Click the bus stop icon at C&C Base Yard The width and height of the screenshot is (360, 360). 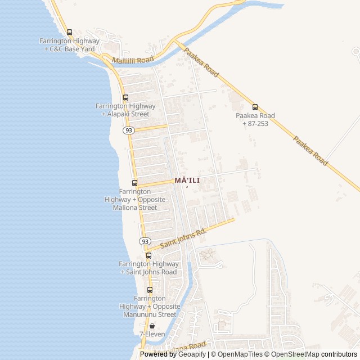69,33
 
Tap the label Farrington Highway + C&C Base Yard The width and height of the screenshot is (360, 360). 69,45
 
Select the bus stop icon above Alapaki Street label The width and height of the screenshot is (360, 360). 125,97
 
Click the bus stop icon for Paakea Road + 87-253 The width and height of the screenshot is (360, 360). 255,107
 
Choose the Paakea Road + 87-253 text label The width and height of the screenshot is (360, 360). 255,119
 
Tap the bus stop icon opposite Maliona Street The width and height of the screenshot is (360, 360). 134,183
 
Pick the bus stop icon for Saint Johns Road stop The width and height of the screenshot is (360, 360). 148,255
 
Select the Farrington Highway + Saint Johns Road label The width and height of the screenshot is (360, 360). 148,268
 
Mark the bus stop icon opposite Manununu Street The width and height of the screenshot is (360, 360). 150,290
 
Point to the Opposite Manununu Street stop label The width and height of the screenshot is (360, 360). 150,306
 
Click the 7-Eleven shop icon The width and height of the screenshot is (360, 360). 152,326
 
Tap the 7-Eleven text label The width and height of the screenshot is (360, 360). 152,334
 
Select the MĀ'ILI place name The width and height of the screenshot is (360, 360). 187,180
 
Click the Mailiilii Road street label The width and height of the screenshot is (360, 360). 132,60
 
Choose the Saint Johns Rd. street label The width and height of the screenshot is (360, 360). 183,237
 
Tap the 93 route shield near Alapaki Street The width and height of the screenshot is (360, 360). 129,130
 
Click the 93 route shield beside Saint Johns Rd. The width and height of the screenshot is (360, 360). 145,241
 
